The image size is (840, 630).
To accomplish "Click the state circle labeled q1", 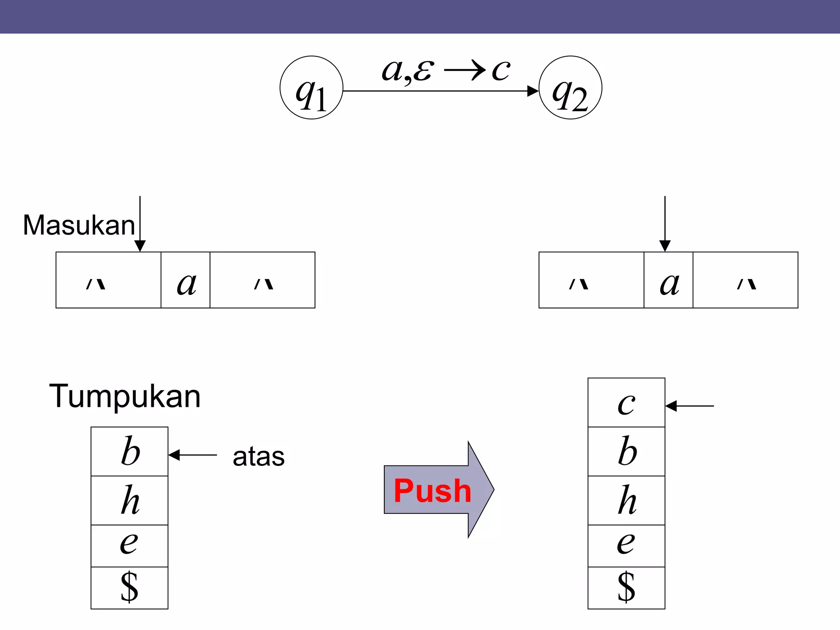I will (x=311, y=88).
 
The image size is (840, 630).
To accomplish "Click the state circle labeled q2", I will (x=570, y=88).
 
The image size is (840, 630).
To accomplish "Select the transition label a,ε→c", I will (x=446, y=70).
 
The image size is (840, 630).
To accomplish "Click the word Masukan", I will (x=79, y=225).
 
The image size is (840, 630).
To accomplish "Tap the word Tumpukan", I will (x=125, y=396).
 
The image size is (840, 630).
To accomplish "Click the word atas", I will (x=258, y=457).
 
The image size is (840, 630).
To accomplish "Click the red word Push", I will (x=432, y=491).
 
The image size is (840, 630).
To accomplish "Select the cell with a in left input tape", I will (x=185, y=280).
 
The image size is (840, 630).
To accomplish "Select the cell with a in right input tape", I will (x=668, y=280).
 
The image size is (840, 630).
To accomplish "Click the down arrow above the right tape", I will (x=665, y=224).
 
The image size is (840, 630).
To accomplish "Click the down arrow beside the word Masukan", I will (x=140, y=224).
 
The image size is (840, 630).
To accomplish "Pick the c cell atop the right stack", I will (x=626, y=402).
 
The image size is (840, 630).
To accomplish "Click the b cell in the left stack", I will (x=129, y=451).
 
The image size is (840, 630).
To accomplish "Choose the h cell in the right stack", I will (x=626, y=500).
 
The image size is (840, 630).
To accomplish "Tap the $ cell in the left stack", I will (x=129, y=588).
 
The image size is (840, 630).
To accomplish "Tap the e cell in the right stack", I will (x=626, y=546).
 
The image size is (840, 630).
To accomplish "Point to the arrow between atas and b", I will (x=192, y=455).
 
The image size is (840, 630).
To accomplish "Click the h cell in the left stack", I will (x=129, y=500).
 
